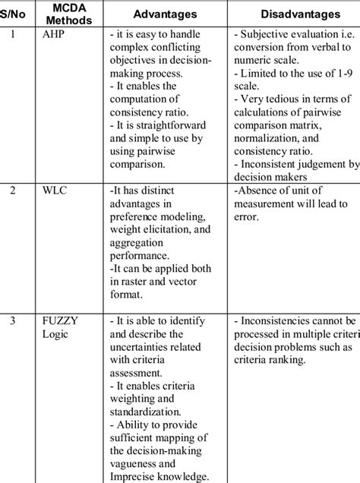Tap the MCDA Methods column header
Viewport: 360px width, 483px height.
(74, 14)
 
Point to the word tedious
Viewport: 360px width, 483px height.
(278, 99)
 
